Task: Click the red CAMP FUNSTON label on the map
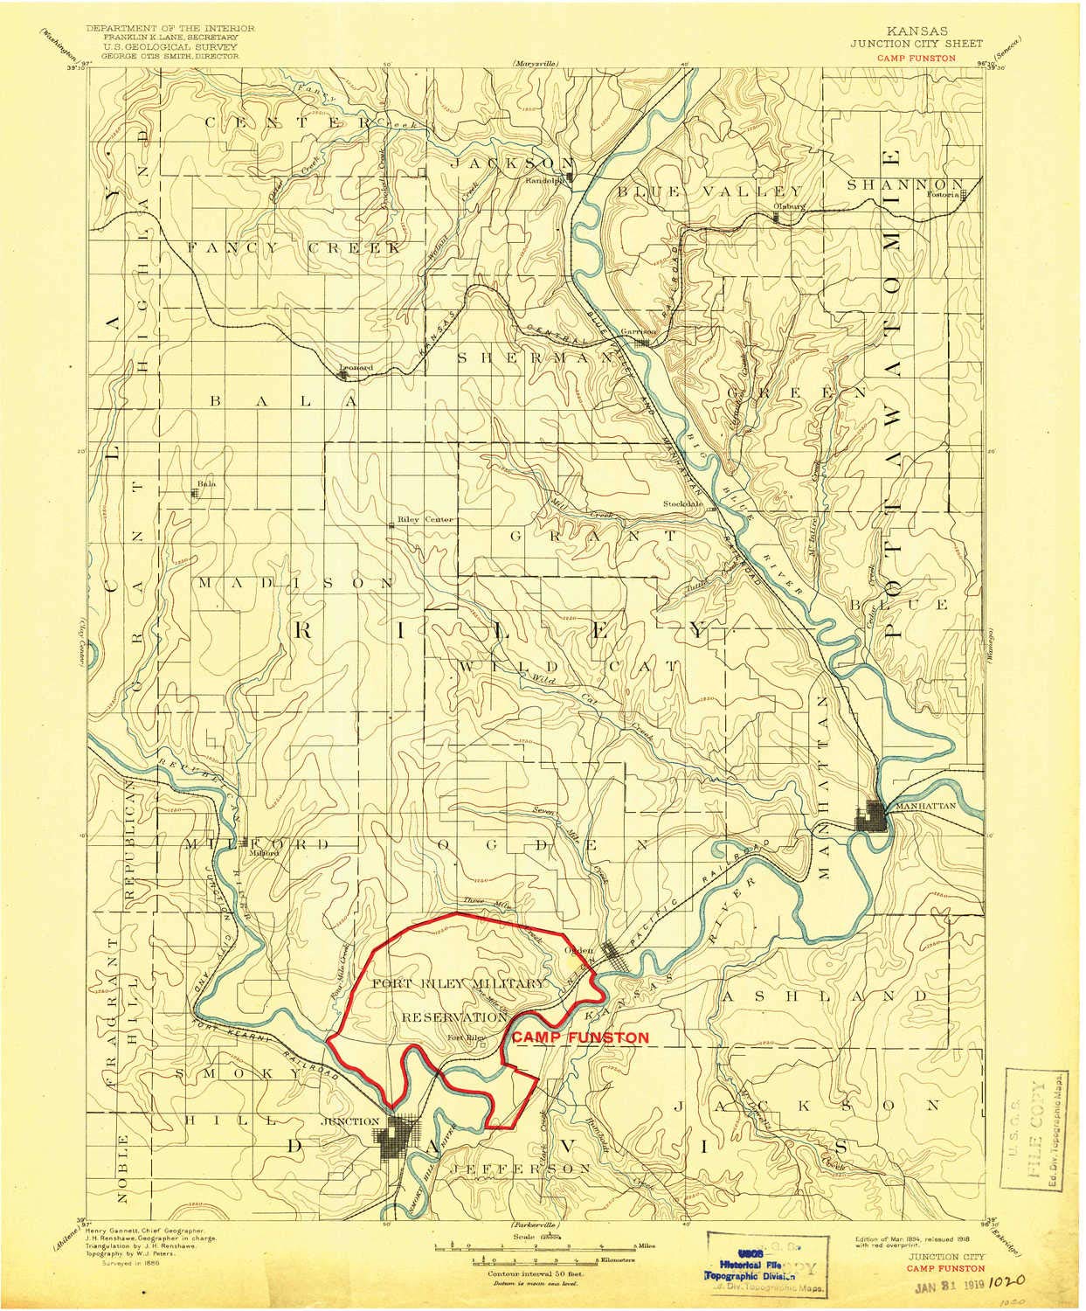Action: [580, 1037]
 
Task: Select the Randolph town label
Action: [543, 182]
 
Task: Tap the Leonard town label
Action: [356, 368]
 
